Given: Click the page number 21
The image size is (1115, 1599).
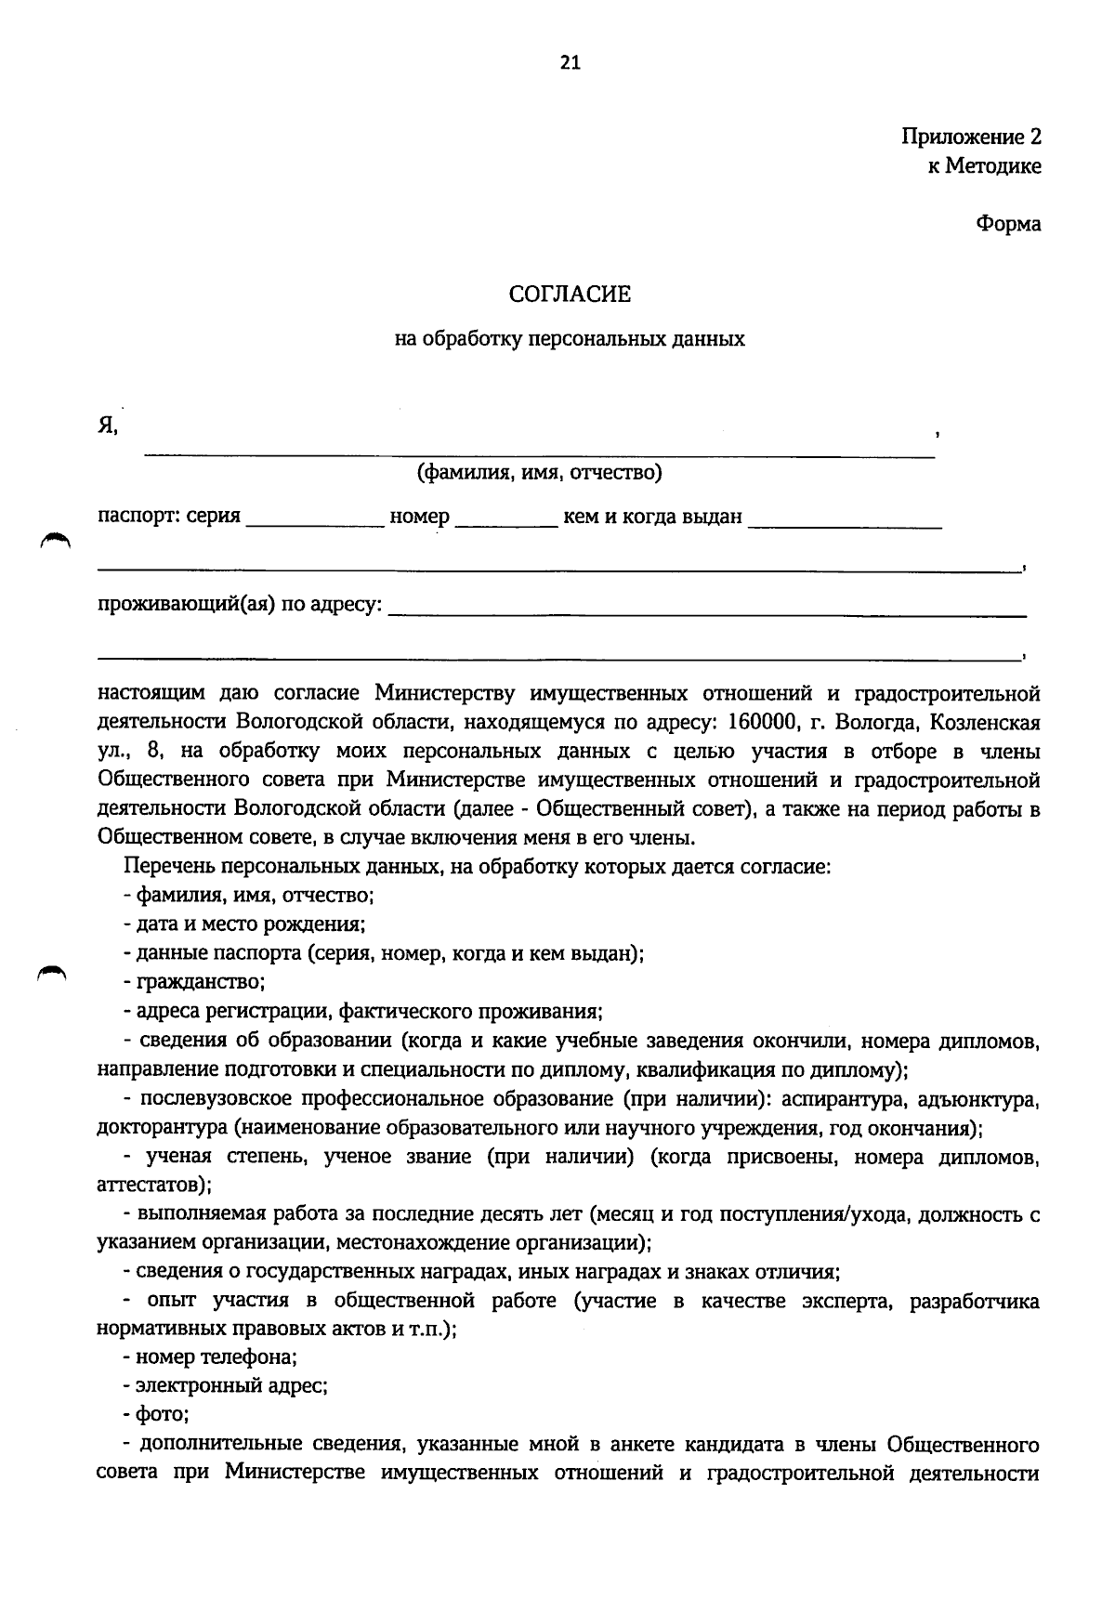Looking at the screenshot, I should coord(570,62).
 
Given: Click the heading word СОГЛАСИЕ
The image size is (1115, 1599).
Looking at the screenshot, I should coord(570,295).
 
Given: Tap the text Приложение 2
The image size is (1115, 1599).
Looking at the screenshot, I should coord(970,138).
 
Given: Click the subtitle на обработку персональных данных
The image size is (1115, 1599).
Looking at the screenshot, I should coord(570,339).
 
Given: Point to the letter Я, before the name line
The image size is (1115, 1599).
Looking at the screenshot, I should coord(108,426).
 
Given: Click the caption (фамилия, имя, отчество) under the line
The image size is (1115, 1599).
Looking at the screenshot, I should coord(539,473).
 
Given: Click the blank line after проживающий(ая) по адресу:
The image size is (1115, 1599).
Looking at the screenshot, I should coord(706,611).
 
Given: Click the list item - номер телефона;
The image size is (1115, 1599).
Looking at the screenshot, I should coord(210,1357).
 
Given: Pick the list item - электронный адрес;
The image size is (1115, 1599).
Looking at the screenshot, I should coord(225,1385).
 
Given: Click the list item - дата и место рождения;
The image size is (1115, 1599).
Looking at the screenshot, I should coord(243,924).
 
